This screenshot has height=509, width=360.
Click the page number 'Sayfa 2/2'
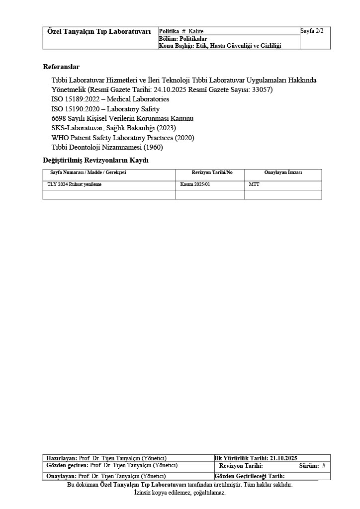click(312, 31)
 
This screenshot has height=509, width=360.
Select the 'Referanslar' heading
click(61, 67)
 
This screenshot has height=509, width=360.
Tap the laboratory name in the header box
click(99, 31)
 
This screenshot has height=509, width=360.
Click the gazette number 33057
click(262, 90)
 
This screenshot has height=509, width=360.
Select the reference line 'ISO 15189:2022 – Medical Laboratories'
click(110, 99)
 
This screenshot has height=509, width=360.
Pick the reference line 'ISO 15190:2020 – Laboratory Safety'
click(105, 109)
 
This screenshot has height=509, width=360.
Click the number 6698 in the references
click(59, 118)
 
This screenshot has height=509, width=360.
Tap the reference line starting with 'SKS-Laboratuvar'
click(106, 128)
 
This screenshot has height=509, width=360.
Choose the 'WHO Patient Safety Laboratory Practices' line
click(122, 137)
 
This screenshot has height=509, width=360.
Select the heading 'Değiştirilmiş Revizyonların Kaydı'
click(95, 160)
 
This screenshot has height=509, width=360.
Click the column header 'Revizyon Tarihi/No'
click(212, 172)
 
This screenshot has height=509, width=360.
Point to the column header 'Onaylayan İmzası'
click(283, 172)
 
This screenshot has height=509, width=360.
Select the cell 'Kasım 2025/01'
click(195, 184)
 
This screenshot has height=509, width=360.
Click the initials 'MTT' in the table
click(254, 184)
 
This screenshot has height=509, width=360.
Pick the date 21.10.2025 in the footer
click(284, 458)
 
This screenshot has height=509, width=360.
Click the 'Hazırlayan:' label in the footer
click(62, 458)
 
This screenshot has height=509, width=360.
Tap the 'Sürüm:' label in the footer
click(308, 466)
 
